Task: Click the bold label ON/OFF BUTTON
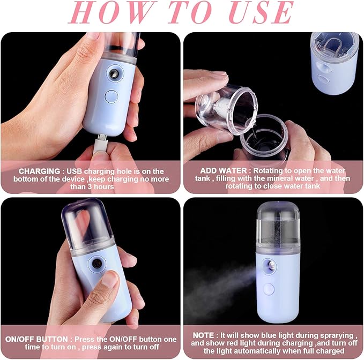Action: (x=36, y=339)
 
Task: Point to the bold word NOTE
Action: (x=202, y=335)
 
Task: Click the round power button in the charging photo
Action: (x=111, y=97)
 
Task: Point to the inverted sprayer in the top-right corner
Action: (x=335, y=62)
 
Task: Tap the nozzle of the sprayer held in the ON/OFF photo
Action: (x=96, y=264)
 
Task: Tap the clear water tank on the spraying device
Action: (x=277, y=222)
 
